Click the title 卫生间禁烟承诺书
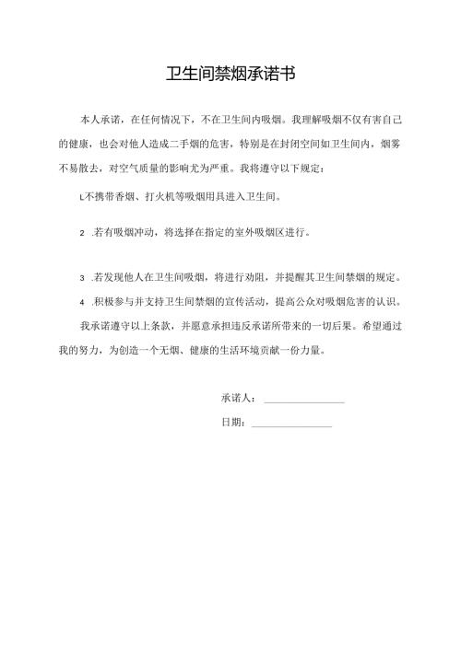point(230,75)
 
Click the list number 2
point(84,234)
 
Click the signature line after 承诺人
point(304,400)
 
